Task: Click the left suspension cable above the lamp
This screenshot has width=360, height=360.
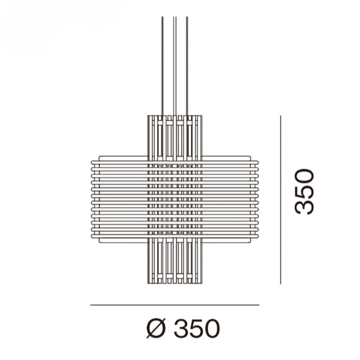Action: pyautogui.click(x=162, y=67)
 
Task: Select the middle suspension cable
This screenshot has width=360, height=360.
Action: pyautogui.click(x=175, y=67)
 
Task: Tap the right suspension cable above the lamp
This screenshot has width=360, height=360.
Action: pyautogui.click(x=187, y=67)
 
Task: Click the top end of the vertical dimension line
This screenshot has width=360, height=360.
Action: pyautogui.click(x=280, y=116)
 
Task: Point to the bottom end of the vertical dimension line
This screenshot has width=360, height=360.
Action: pyautogui.click(x=280, y=283)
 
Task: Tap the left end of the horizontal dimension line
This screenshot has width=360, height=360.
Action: pyautogui.click(x=91, y=305)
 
